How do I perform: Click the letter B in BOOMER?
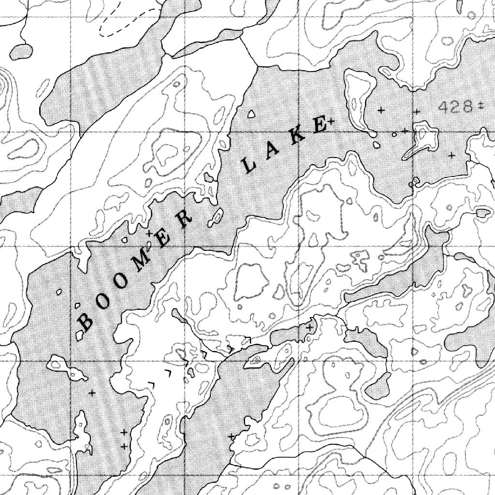[x=85, y=321]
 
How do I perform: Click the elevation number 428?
[x=455, y=106]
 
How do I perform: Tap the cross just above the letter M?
[x=149, y=233]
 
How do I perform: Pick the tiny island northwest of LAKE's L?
[x=250, y=115]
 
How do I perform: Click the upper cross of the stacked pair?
[x=124, y=432]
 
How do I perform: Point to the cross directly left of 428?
[x=416, y=112]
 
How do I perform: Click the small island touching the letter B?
[x=79, y=335]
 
